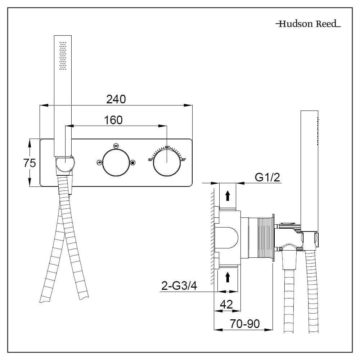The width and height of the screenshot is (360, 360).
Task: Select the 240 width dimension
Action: [x=116, y=99]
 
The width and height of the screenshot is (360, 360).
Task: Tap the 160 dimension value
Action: [x=113, y=120]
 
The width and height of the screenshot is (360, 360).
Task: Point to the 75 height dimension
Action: [x=30, y=163]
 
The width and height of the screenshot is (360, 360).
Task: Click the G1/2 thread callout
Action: [x=267, y=177]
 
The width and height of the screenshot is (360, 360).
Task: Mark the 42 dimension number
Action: [x=226, y=305]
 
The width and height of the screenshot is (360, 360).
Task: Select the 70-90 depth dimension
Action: [x=245, y=324]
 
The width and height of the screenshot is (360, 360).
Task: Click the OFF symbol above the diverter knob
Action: [x=116, y=146]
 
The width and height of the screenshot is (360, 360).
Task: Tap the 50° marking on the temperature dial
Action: [x=150, y=159]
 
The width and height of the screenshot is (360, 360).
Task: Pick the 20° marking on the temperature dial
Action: [x=183, y=159]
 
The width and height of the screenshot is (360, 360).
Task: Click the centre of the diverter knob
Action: [x=116, y=163]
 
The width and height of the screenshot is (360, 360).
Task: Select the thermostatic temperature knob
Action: [x=166, y=163]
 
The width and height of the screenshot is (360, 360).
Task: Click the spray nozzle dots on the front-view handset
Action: [x=63, y=56]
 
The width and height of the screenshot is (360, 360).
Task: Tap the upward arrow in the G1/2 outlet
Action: [x=228, y=196]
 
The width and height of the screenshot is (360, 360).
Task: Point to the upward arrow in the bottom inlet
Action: [x=228, y=277]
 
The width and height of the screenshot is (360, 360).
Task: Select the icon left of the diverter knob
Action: [x=99, y=163]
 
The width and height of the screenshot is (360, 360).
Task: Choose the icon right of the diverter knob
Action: [x=132, y=163]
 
